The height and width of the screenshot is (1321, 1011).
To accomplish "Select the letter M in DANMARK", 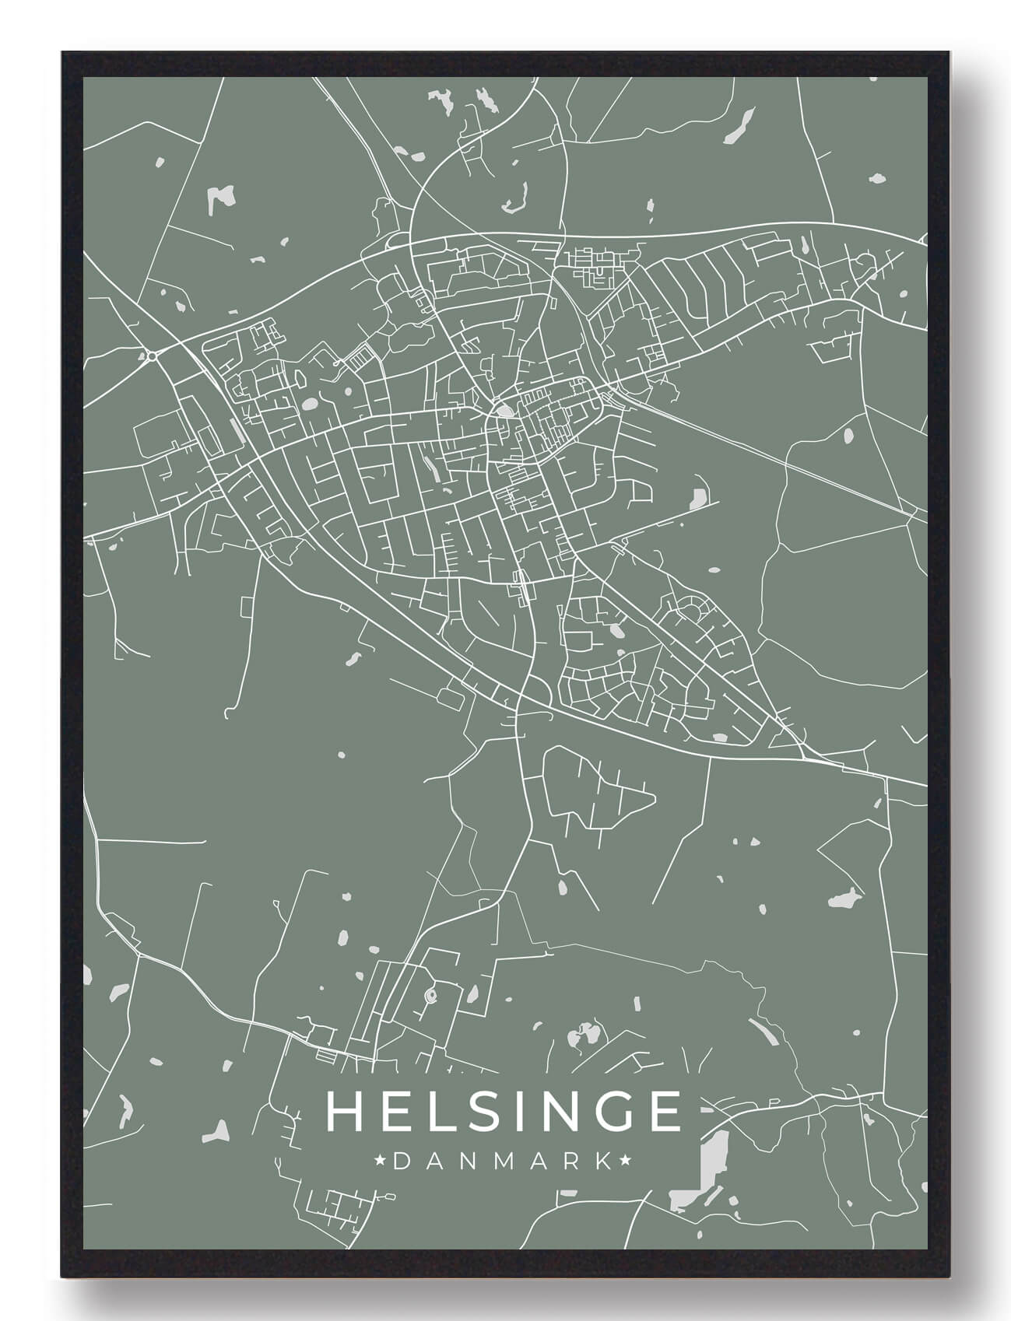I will point(502,1162).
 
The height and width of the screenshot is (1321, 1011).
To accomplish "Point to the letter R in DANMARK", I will point(571,1162).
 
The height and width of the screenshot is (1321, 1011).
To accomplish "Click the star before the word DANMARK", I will point(380,1162).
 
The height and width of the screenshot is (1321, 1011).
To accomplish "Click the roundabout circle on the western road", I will point(152,356).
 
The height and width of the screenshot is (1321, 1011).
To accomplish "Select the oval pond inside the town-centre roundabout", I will point(505,411).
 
